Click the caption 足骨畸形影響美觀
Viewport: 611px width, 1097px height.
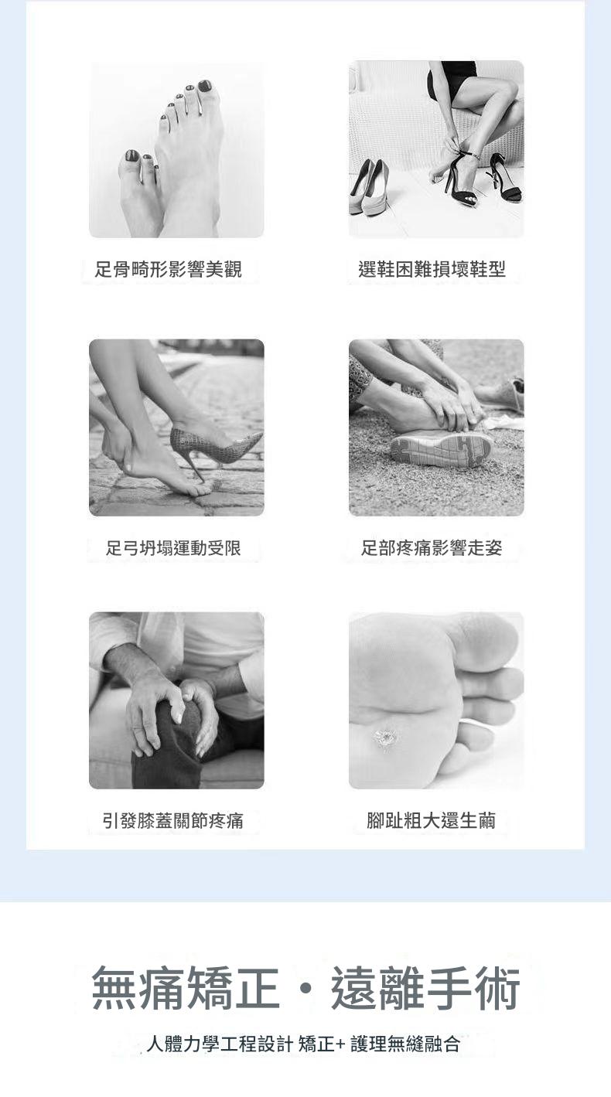pyautogui.click(x=168, y=269)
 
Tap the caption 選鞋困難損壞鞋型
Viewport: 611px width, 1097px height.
pyautogui.click(x=432, y=269)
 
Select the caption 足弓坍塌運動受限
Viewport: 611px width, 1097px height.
pyautogui.click(x=173, y=548)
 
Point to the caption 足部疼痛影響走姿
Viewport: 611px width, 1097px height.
pyautogui.click(x=432, y=547)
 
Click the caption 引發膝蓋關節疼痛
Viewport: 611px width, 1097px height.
pyautogui.click(x=172, y=821)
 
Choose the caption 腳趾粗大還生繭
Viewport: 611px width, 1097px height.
pyautogui.click(x=431, y=820)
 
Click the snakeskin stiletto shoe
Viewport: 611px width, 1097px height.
pyautogui.click(x=214, y=450)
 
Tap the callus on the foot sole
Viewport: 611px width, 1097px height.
pyautogui.click(x=385, y=740)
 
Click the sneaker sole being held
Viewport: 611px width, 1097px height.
pyautogui.click(x=442, y=448)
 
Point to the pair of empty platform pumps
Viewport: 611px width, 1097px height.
pyautogui.click(x=370, y=188)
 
